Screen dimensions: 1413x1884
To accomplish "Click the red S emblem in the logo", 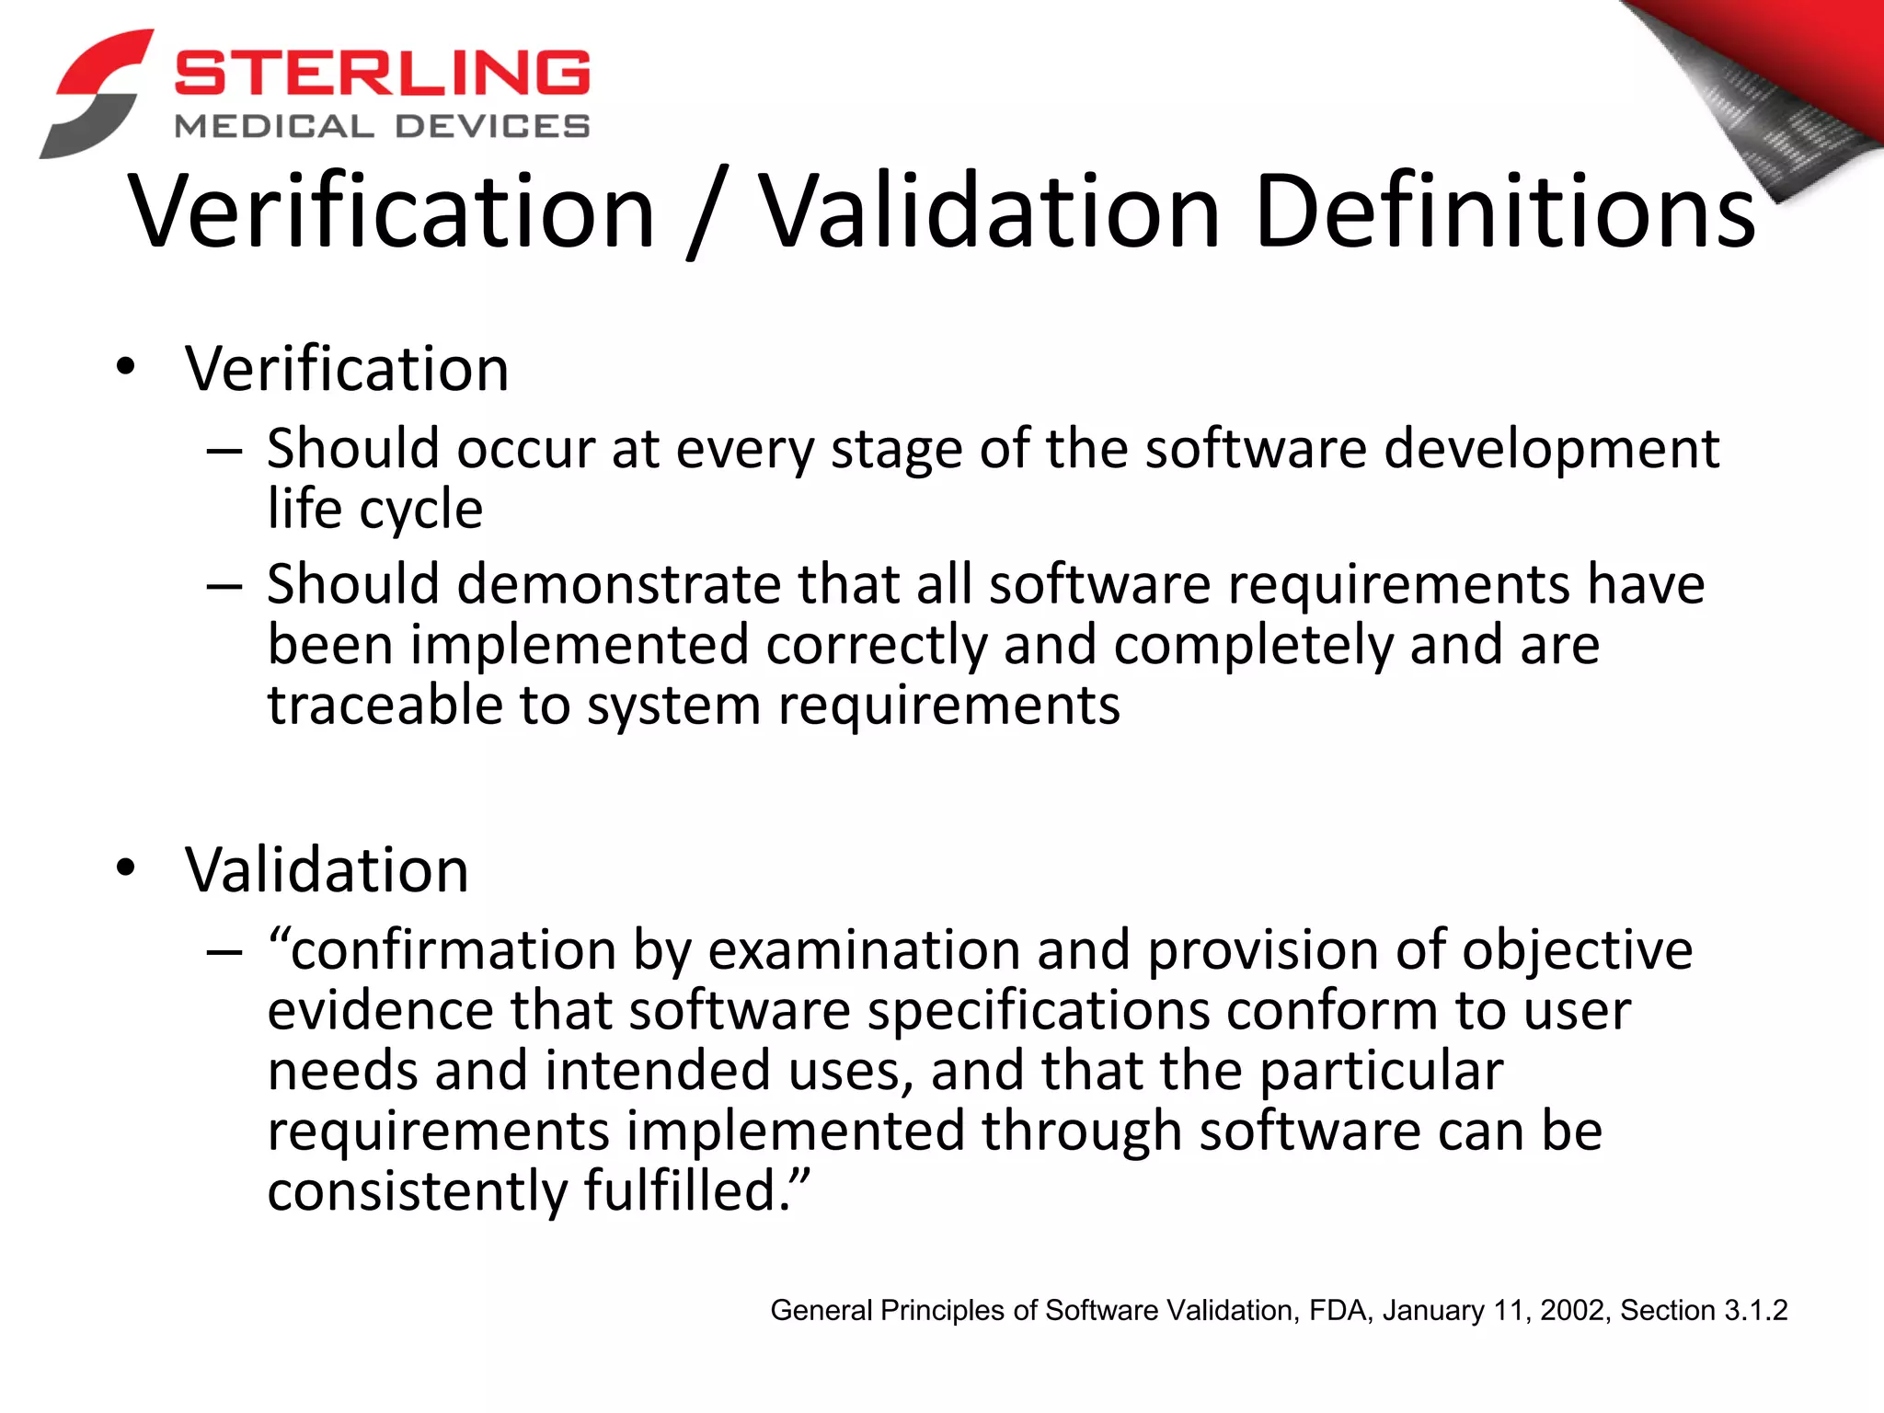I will click(96, 93).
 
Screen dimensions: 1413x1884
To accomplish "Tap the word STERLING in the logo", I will click(382, 73).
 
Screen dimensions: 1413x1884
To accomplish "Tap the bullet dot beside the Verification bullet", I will click(126, 367).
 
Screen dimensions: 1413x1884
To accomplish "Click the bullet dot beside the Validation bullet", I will click(126, 867).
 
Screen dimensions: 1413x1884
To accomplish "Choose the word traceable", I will click(385, 706).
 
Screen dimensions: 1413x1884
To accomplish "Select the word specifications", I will click(1038, 1011).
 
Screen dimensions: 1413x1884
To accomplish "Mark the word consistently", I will click(417, 1192).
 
